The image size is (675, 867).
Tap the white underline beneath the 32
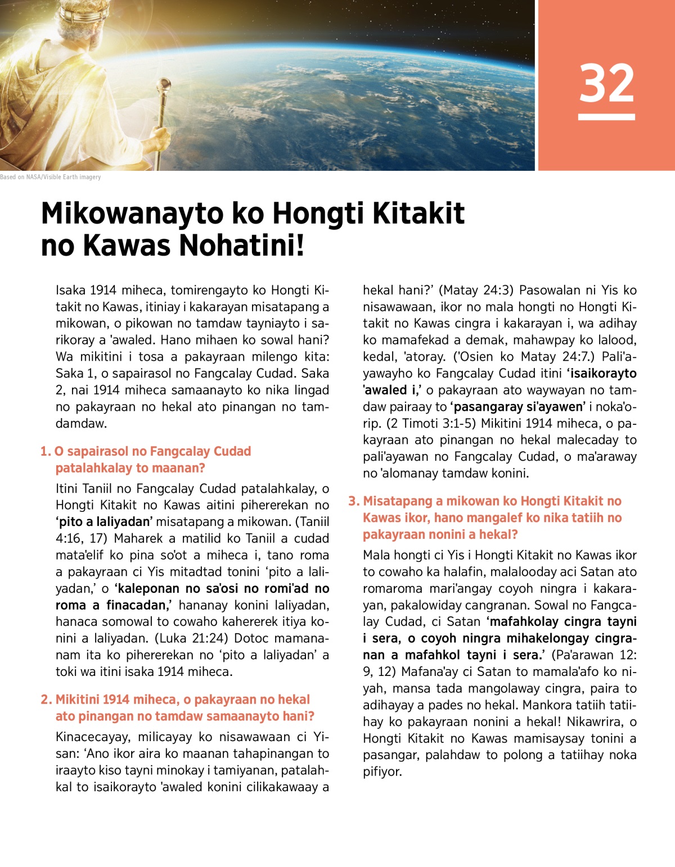pyautogui.click(x=606, y=117)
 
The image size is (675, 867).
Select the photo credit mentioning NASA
pyautogui.click(x=51, y=177)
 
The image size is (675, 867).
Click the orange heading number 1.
pyautogui.click(x=45, y=452)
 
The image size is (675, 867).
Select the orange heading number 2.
pyautogui.click(x=46, y=700)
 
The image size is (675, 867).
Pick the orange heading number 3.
pyautogui.click(x=353, y=501)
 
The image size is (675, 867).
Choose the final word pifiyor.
pyautogui.click(x=382, y=772)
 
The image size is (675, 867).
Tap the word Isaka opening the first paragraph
pyautogui.click(x=70, y=290)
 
